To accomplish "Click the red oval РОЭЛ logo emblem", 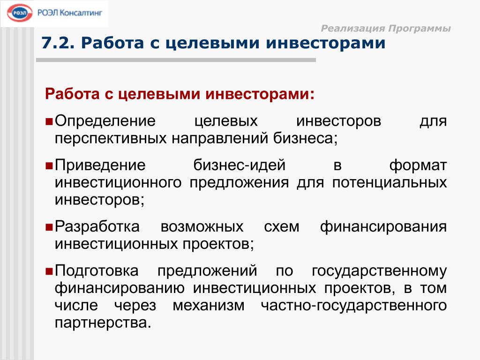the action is [x=20, y=13].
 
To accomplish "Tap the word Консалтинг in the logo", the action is [x=81, y=13].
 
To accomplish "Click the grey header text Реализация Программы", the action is [x=386, y=29].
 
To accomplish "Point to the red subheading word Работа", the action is [x=72, y=94].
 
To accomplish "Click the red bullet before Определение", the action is [x=49, y=121].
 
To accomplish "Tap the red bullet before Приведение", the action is [x=49, y=166].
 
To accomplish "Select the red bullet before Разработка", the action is [x=49, y=227].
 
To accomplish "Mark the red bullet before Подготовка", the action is [x=49, y=271].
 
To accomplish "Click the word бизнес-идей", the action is [x=240, y=165].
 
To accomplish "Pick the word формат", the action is [x=418, y=166].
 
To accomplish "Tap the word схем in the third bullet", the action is [x=282, y=227].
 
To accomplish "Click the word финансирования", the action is [x=383, y=227].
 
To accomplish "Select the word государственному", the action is [x=379, y=271].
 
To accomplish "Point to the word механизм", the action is [x=209, y=306].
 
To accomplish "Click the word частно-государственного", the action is [x=354, y=306].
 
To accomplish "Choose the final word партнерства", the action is [x=103, y=323].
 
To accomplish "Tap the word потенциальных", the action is [x=390, y=183].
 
